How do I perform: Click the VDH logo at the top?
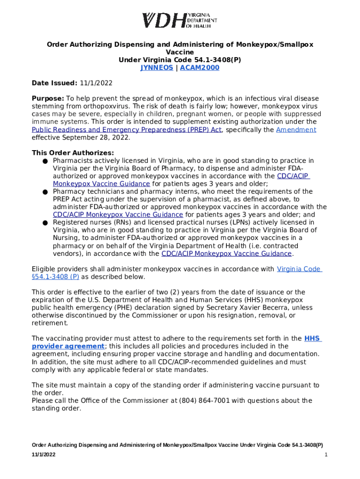click(180, 21)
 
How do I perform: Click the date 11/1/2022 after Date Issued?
click(96, 83)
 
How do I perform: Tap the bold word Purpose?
click(48, 99)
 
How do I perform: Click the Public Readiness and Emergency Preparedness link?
click(126, 130)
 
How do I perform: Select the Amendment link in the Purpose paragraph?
click(296, 130)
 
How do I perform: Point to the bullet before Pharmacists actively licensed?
click(44, 161)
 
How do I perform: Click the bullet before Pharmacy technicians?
click(44, 192)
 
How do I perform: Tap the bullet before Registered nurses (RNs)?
click(44, 223)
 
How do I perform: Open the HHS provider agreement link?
click(68, 346)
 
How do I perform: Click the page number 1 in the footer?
click(325, 455)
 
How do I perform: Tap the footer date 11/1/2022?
click(44, 455)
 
